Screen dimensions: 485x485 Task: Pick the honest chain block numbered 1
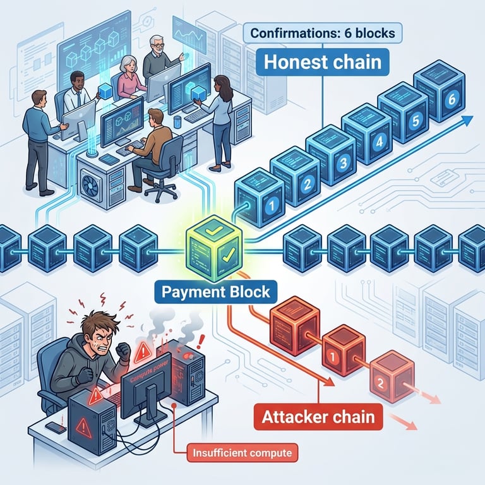[258, 198]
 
